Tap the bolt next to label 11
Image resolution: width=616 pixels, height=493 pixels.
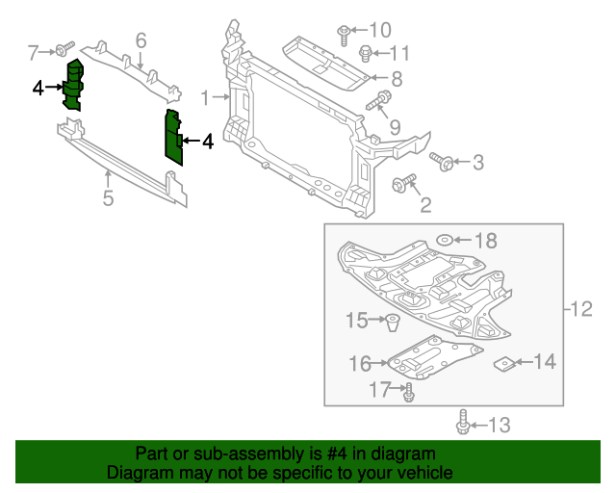pyautogui.click(x=366, y=52)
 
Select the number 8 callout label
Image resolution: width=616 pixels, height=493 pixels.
pyautogui.click(x=395, y=78)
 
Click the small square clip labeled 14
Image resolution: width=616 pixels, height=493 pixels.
pyautogui.click(x=502, y=363)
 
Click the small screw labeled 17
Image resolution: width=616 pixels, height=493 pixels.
pyautogui.click(x=409, y=391)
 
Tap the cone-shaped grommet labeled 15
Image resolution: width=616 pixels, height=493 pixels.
pyautogui.click(x=393, y=322)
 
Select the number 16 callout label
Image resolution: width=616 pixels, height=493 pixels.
pyautogui.click(x=360, y=364)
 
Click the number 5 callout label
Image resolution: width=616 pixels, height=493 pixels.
pyautogui.click(x=108, y=199)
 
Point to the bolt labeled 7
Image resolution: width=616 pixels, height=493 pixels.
pyautogui.click(x=64, y=48)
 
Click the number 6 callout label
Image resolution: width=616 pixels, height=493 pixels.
pyautogui.click(x=141, y=40)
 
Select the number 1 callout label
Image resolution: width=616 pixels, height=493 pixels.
pyautogui.click(x=205, y=97)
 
